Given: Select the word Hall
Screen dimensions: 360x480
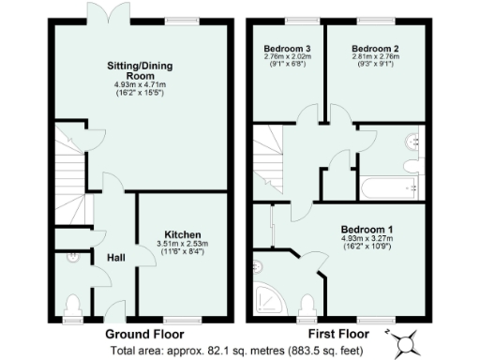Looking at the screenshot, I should pos(115,258).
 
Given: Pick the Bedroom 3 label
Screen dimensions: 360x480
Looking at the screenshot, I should pos(285,47).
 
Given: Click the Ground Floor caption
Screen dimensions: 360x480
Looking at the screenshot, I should pos(143,334).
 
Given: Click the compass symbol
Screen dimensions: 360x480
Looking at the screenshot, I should pos(408,342).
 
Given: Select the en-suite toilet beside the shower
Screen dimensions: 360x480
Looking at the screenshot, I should pos(307,302).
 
